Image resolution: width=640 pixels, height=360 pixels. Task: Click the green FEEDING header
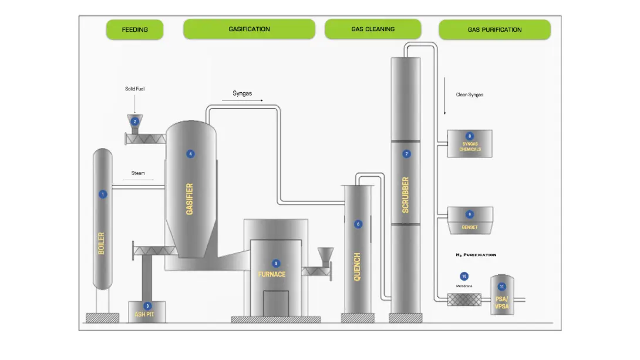coord(134,29)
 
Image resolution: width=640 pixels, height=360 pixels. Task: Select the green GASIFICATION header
coord(249,29)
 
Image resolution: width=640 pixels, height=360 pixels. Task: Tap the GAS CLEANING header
coord(373,29)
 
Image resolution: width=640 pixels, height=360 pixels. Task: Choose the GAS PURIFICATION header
coord(494,29)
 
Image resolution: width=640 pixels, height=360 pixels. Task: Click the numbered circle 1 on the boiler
coord(103,194)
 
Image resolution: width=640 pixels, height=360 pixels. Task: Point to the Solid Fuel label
coord(134,89)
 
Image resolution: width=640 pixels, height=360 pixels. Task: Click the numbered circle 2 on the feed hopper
coord(134,122)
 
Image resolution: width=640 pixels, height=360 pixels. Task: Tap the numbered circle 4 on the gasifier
coord(190,154)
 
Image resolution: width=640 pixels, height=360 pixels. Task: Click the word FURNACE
coord(272,274)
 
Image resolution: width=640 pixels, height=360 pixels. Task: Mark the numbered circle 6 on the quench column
coord(358,224)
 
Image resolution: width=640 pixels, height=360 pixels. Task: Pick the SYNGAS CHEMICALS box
coord(470,144)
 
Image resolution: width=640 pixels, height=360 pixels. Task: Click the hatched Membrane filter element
coord(464,300)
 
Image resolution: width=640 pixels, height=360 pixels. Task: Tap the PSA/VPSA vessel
coord(502,295)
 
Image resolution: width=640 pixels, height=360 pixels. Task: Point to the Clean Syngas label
coord(469,95)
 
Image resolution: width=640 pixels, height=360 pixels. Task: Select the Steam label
coord(138,173)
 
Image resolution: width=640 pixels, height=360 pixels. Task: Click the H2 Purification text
coord(476,255)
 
